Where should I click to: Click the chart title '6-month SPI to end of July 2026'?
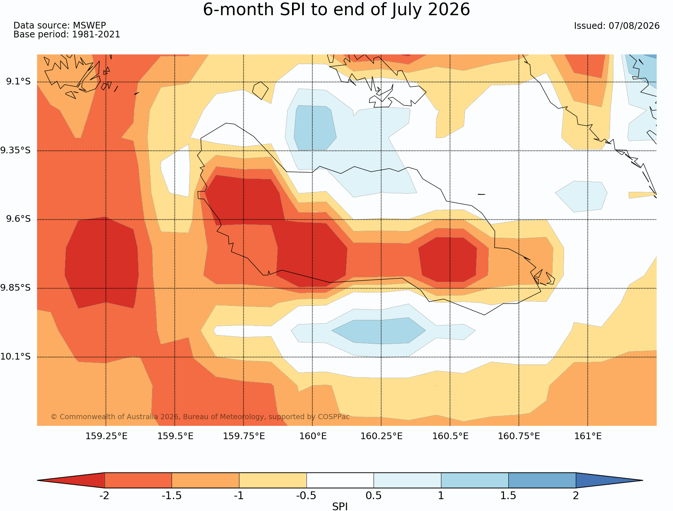(x=336, y=10)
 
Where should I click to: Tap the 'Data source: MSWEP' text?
(x=60, y=26)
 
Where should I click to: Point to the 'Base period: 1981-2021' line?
(x=67, y=34)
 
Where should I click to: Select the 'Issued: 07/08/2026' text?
(x=617, y=26)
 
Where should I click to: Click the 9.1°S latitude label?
(x=18, y=81)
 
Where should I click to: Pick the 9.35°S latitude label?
(x=16, y=150)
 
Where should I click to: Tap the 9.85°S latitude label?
(x=16, y=288)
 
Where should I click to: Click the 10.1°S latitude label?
(x=16, y=357)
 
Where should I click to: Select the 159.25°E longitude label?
(x=106, y=436)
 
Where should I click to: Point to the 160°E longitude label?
(x=313, y=436)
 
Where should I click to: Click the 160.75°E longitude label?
(x=519, y=436)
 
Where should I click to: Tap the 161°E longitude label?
(x=588, y=436)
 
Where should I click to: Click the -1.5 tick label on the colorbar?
(x=172, y=495)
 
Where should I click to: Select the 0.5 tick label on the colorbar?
(x=374, y=495)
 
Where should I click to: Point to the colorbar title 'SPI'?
(x=340, y=507)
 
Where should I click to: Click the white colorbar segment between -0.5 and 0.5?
(x=340, y=480)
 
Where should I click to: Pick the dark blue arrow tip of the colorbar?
(x=643, y=480)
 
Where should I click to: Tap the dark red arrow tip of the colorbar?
(x=37, y=480)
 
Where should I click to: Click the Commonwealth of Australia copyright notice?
(x=200, y=417)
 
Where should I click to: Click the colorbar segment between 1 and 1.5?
(x=475, y=480)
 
